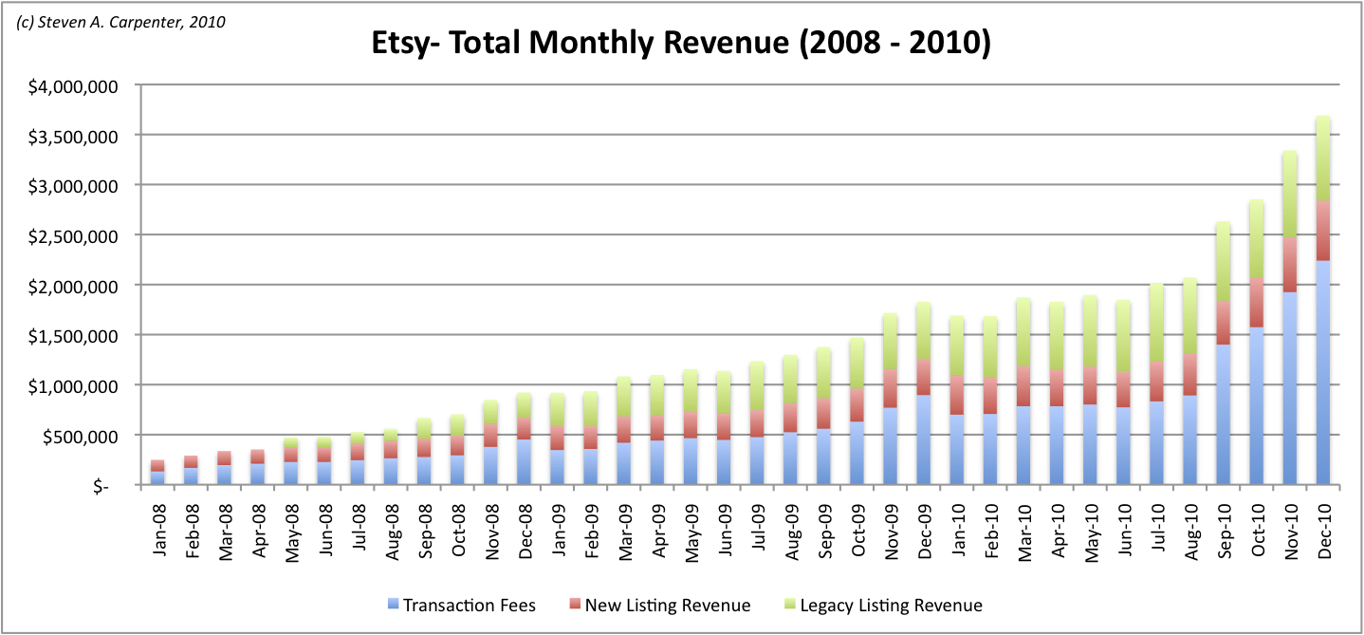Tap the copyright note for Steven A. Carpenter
(120, 21)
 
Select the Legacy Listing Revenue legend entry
(880, 606)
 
